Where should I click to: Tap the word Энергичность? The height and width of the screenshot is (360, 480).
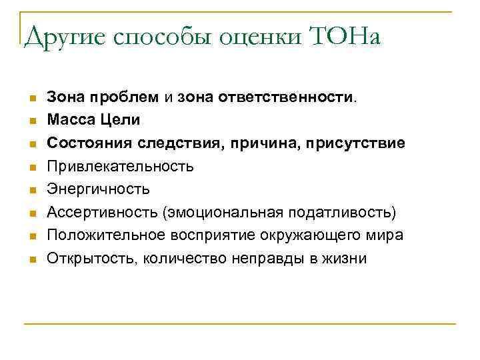tap(99, 189)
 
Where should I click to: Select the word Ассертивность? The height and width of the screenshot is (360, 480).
tap(99, 213)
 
